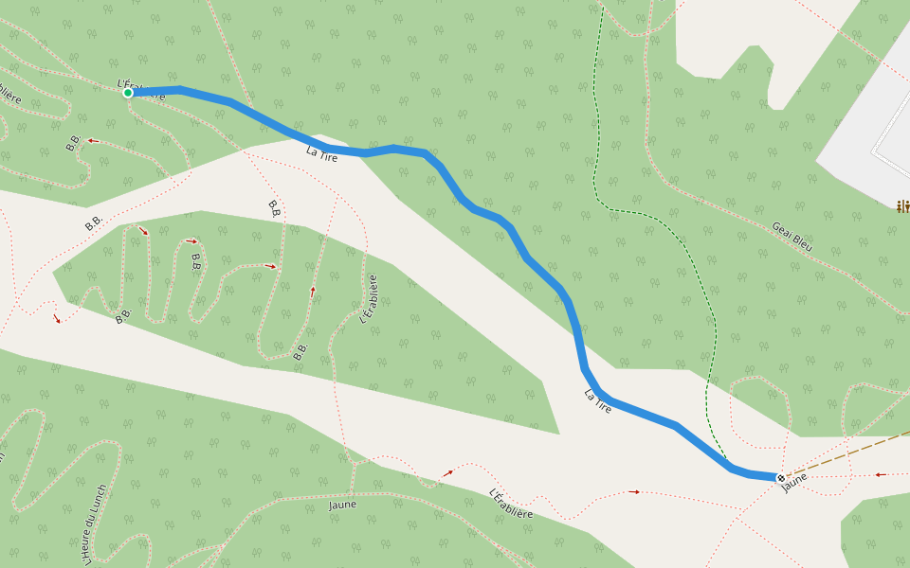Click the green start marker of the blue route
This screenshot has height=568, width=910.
pyautogui.click(x=127, y=93)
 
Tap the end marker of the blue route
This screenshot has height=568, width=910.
pyautogui.click(x=780, y=477)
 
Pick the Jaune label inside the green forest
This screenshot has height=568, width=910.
pyautogui.click(x=342, y=505)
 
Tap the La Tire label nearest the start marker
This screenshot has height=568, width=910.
pyautogui.click(x=322, y=151)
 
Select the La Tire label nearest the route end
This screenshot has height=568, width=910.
pyautogui.click(x=597, y=400)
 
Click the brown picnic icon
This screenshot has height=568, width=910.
pyautogui.click(x=903, y=205)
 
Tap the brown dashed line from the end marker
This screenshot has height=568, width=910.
pyautogui.click(x=844, y=454)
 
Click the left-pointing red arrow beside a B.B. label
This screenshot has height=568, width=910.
pyautogui.click(x=93, y=140)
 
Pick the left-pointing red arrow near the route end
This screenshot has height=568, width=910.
pyautogui.click(x=880, y=474)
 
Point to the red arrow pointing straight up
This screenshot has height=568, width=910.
pyautogui.click(x=313, y=292)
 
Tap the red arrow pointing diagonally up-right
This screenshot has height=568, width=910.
pyautogui.click(x=447, y=472)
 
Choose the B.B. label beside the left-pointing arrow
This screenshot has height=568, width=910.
pyautogui.click(x=73, y=143)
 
